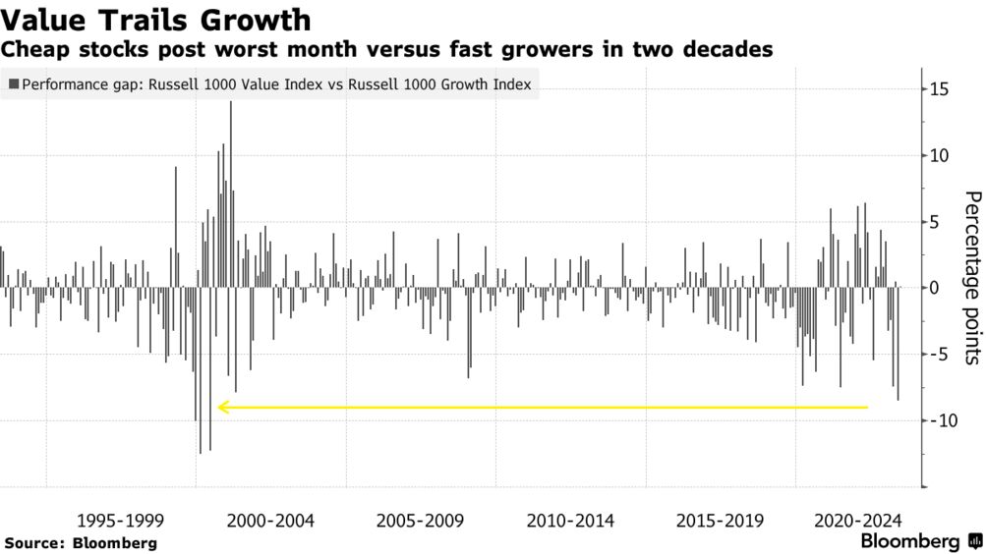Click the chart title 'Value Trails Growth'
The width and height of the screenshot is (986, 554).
(157, 20)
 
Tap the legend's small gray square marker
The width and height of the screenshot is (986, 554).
(13, 84)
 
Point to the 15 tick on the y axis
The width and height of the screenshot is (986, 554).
(939, 89)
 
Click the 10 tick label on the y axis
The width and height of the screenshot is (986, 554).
(939, 155)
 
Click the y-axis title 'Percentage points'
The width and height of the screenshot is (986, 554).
(971, 278)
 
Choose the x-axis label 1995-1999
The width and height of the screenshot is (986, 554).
(120, 520)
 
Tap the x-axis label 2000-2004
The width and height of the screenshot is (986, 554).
(270, 520)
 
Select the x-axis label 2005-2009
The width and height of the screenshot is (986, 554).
(420, 520)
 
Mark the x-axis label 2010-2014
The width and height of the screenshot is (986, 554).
(570, 520)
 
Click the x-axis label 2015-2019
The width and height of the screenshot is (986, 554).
(720, 520)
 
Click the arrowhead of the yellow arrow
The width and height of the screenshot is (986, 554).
(223, 407)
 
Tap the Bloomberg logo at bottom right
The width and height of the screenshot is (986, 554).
(919, 541)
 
